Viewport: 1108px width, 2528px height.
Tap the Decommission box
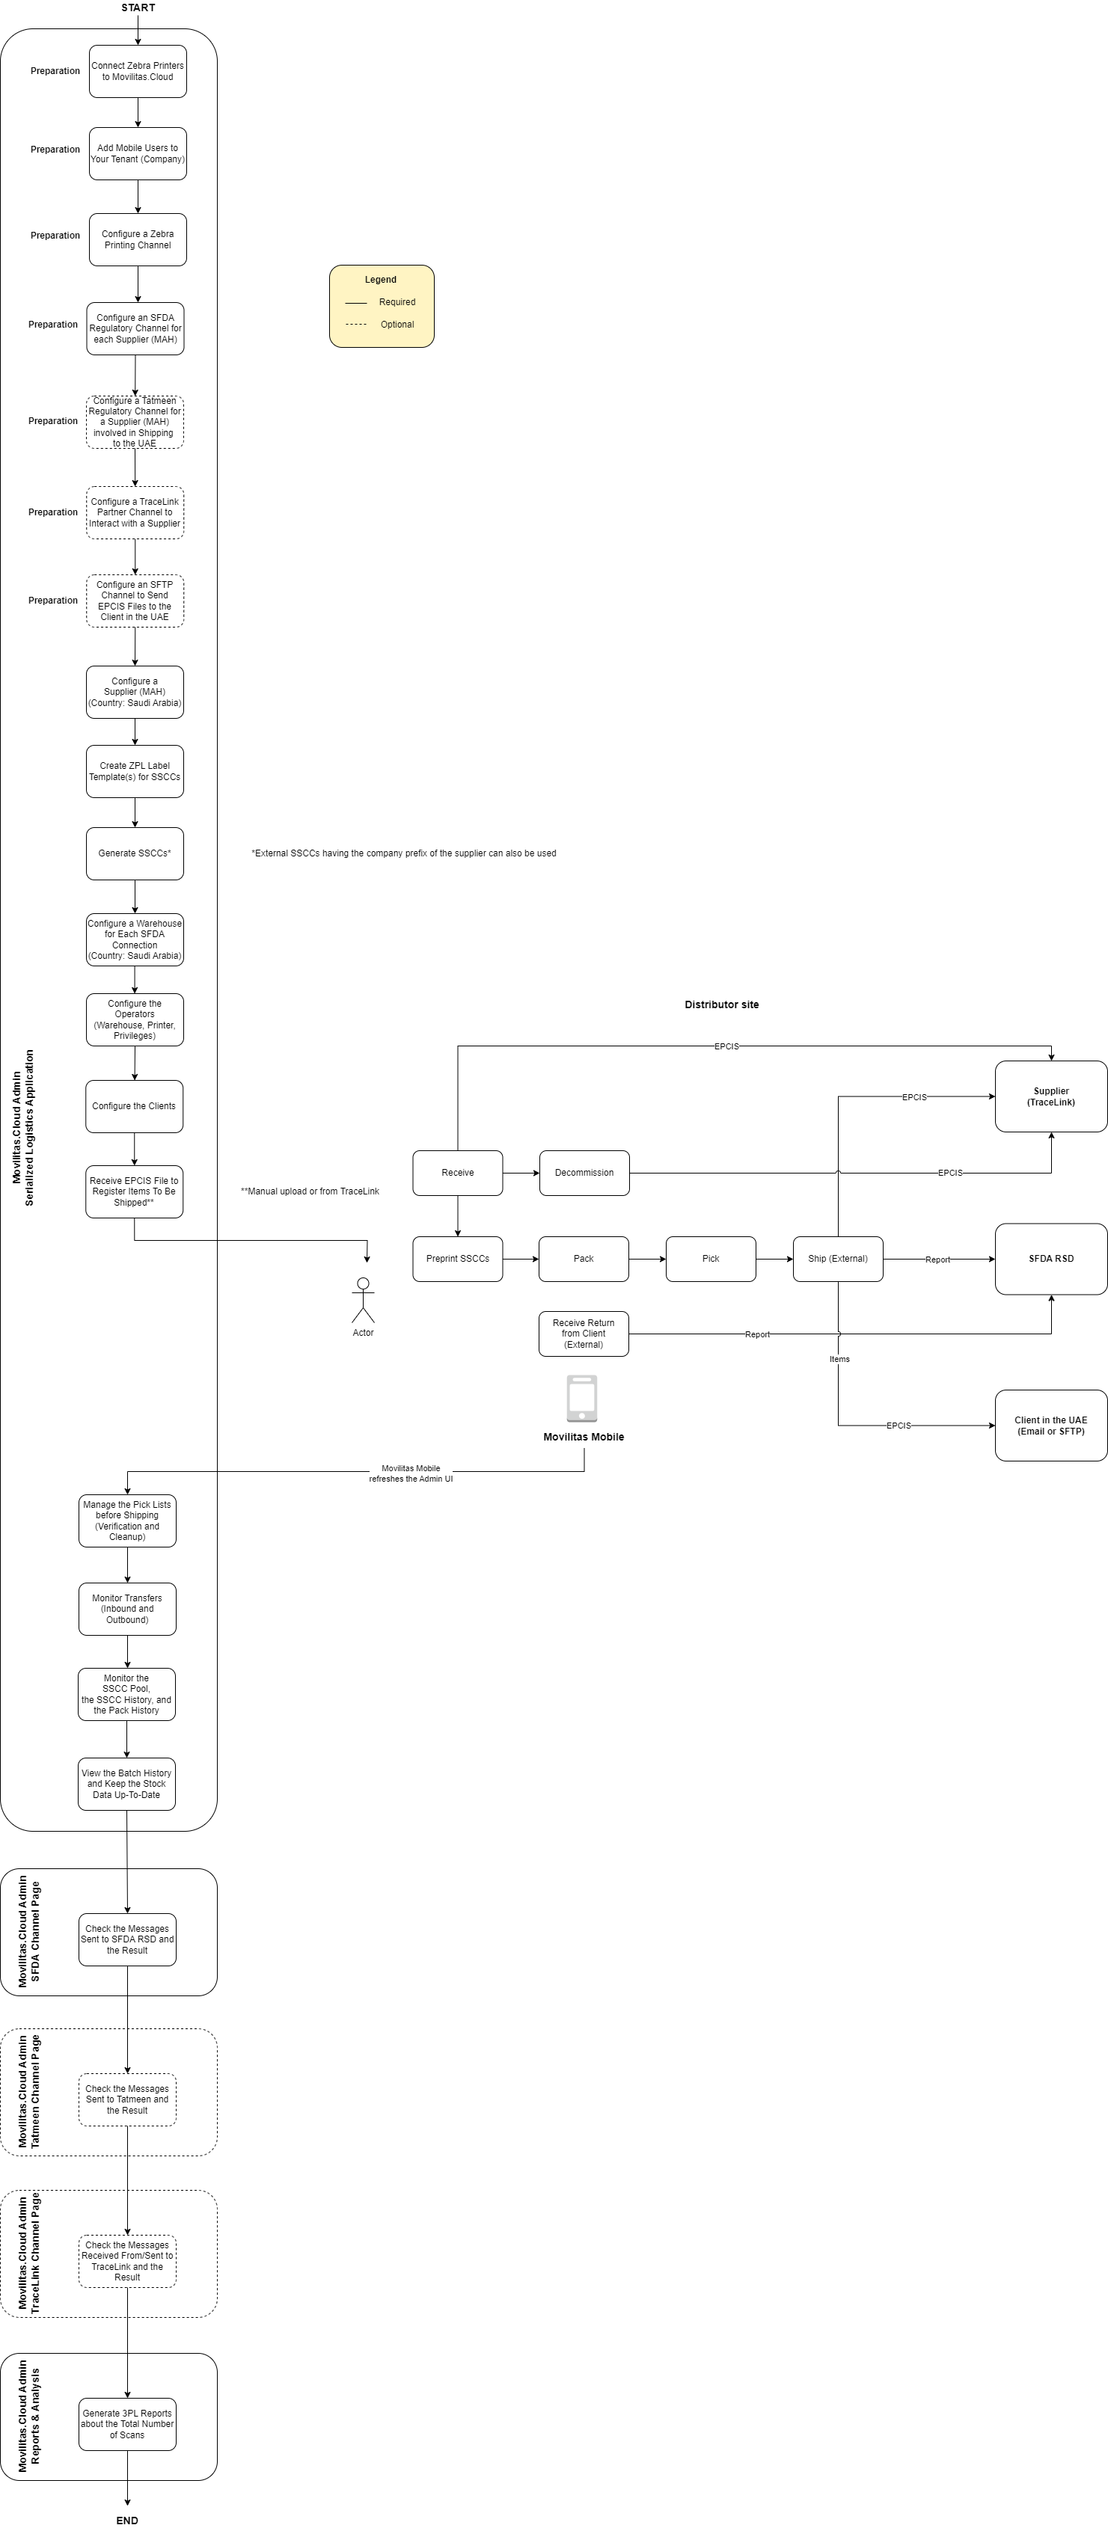coord(584,1173)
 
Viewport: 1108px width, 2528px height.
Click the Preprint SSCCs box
coord(457,1259)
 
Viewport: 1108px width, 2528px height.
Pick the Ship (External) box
coord(837,1259)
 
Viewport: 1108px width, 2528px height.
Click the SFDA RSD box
coord(1050,1259)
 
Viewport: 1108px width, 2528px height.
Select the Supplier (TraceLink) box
coord(1050,1097)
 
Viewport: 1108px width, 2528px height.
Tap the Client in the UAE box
coord(1050,1426)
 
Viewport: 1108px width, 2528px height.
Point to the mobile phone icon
coord(582,1399)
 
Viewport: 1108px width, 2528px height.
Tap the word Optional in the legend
coord(397,325)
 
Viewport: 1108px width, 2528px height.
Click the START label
coord(138,7)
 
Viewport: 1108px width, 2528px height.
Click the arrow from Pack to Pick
coord(646,1259)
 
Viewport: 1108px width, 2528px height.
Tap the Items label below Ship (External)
coord(839,1359)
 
